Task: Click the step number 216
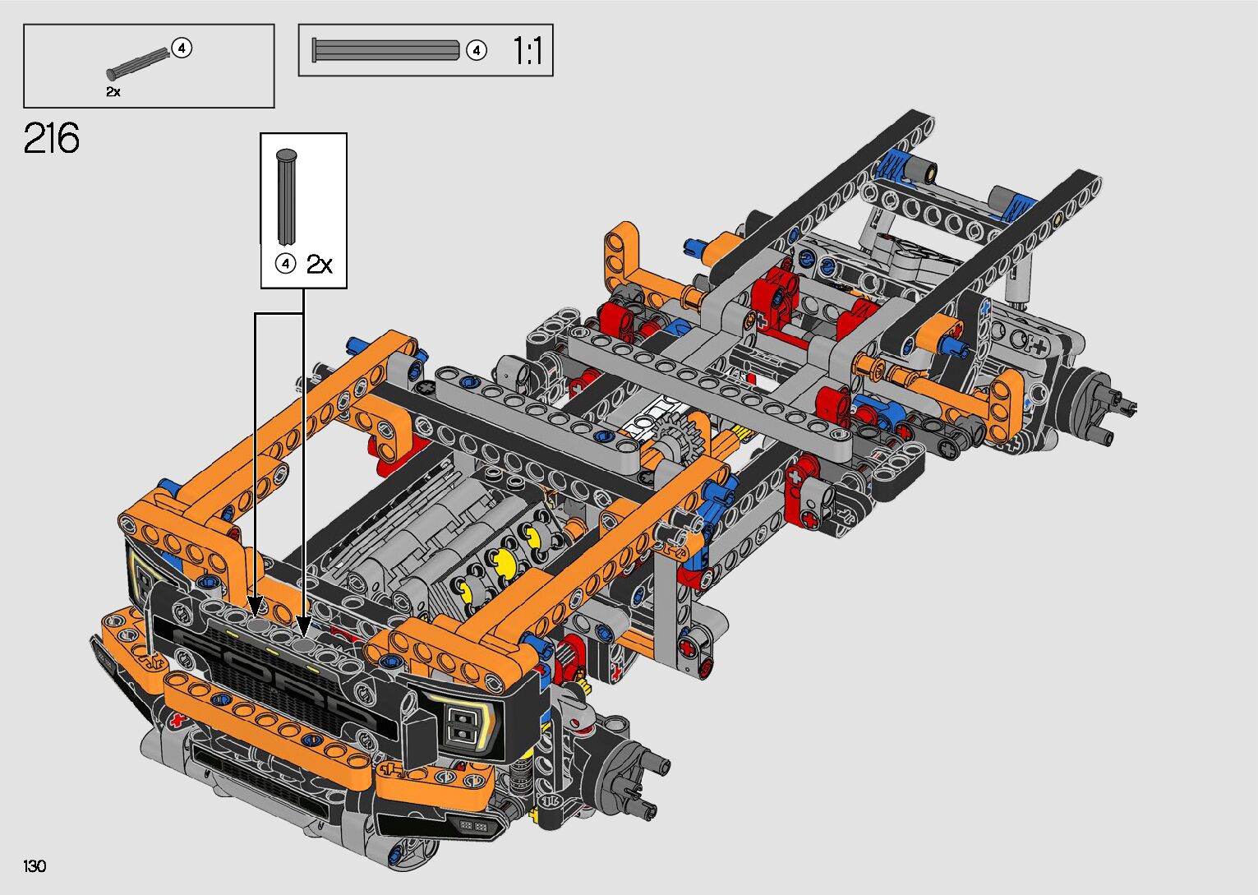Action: click(x=51, y=138)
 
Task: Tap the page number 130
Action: click(x=35, y=865)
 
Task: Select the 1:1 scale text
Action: click(x=528, y=51)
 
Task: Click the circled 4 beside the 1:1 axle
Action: click(x=477, y=51)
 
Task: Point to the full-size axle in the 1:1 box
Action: click(x=386, y=50)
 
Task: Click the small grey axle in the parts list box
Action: click(x=138, y=63)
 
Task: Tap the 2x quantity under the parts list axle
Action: click(x=113, y=91)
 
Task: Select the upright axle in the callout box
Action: click(x=287, y=196)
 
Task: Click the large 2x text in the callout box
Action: click(x=319, y=264)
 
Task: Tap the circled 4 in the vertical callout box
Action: click(x=285, y=263)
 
